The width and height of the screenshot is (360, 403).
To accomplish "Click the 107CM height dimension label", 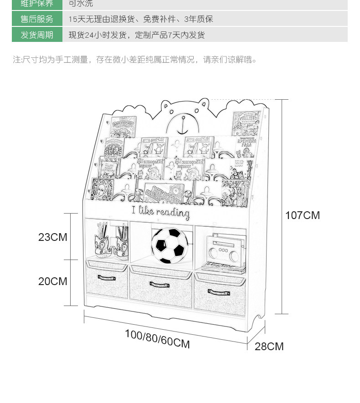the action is click(x=303, y=215).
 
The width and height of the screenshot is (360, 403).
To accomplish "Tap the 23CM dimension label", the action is click(x=52, y=237).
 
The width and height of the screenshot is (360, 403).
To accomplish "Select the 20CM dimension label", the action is click(x=52, y=281).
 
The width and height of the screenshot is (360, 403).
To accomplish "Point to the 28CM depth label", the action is click(x=269, y=347).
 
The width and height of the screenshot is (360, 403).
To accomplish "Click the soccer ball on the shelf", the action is click(x=169, y=246).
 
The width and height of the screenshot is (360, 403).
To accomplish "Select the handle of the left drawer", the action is click(x=106, y=277).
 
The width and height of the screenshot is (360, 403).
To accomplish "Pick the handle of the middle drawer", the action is click(x=159, y=285).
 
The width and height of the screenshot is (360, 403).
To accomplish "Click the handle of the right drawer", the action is click(x=219, y=292).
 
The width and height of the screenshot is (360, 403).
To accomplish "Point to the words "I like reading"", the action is click(x=160, y=212).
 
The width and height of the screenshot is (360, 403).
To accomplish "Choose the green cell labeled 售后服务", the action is click(x=37, y=19).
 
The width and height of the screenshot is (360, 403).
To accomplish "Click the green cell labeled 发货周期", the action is click(x=37, y=35).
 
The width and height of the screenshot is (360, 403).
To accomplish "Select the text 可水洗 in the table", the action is click(x=81, y=4).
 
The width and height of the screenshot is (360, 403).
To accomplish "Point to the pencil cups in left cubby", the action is click(x=111, y=242).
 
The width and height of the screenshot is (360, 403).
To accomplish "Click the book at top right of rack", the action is click(x=246, y=123).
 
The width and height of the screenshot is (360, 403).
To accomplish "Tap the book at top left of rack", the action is click(x=122, y=127).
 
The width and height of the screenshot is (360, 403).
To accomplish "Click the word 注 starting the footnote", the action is click(x=17, y=60).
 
